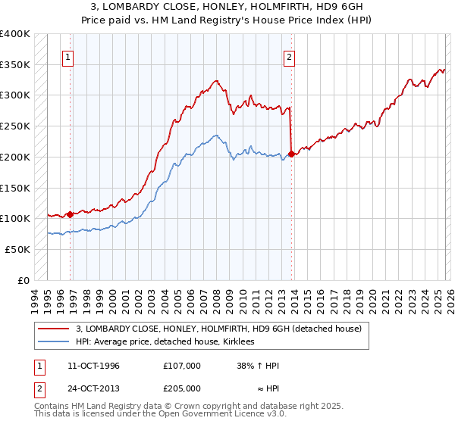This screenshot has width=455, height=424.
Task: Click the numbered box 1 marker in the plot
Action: point(68,56)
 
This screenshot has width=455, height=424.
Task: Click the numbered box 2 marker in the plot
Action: point(289,56)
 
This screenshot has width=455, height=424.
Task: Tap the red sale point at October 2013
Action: point(292,154)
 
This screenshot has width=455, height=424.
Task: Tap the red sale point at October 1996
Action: point(71,214)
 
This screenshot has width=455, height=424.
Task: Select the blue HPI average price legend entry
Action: point(165,341)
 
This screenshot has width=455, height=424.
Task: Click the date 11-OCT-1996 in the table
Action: point(93,366)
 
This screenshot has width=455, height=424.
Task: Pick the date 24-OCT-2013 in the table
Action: point(93,388)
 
